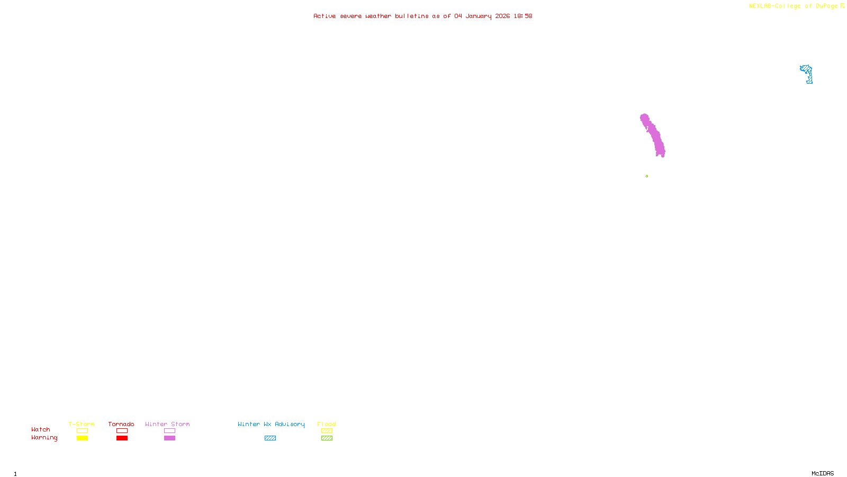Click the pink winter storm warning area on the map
coord(654,135)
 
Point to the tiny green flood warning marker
coord(646,176)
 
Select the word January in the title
coord(478,16)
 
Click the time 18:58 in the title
coord(522,16)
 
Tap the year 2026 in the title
coord(502,16)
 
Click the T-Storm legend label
coord(82,424)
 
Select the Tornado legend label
coord(121,424)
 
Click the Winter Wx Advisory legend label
coord(271,424)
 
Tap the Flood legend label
coord(327,424)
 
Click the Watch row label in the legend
coord(41,429)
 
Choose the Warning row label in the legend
coord(44,438)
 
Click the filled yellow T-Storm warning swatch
coord(82,438)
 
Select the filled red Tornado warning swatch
coord(122,438)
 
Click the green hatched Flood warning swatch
coord(327,438)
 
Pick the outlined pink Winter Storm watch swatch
coord(169,431)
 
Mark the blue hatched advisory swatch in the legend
coord(270,438)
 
